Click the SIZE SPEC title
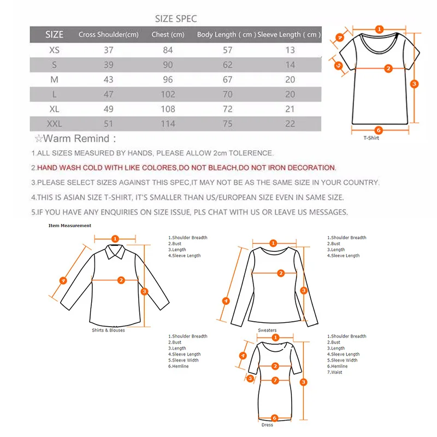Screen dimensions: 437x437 176,19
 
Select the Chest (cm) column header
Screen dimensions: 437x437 168,34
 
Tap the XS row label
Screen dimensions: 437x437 55,50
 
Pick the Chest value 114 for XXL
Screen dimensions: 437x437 168,124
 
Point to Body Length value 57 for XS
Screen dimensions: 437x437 227,50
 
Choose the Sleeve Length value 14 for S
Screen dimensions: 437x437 290,65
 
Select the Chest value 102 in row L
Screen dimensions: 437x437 168,95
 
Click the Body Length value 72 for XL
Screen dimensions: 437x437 227,109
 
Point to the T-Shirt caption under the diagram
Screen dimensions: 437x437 371,138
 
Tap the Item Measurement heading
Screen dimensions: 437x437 70,225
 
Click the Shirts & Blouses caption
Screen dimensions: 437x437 108,330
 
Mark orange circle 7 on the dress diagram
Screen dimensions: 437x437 275,380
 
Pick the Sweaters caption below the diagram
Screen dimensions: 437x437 267,330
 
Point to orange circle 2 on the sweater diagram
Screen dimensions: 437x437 280,273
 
